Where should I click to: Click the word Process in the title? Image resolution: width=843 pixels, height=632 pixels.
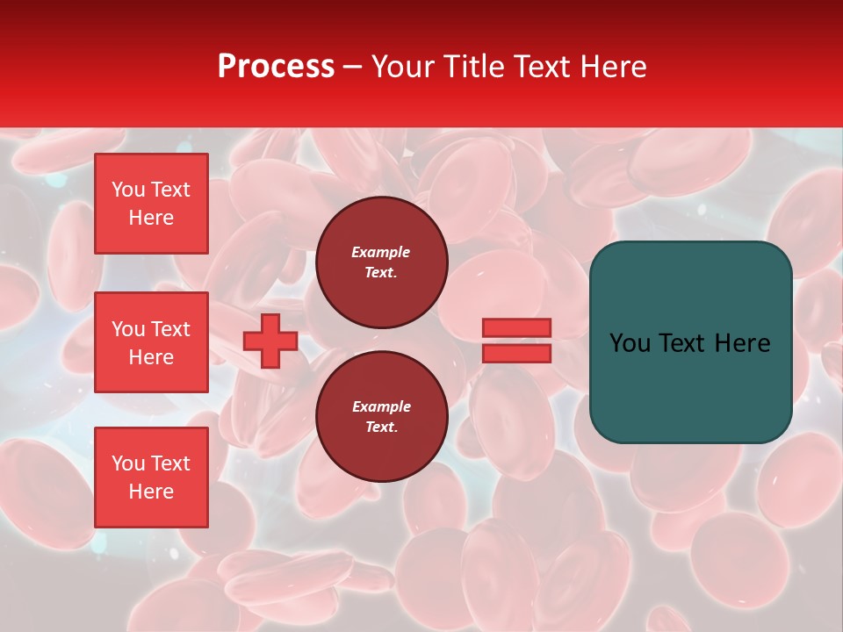276,67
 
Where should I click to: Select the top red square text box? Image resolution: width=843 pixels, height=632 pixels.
151,204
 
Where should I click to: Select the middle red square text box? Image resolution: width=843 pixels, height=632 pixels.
151,342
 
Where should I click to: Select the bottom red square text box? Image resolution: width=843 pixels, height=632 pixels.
151,477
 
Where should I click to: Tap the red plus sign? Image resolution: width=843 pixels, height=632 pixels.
270,341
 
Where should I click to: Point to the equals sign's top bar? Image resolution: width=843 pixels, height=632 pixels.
517,327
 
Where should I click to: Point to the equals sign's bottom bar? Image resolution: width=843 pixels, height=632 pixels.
517,353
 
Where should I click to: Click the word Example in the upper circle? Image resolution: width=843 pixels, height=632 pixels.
381,252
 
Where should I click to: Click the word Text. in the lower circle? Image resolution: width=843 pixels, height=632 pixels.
381,427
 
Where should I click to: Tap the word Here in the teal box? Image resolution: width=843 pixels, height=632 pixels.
742,343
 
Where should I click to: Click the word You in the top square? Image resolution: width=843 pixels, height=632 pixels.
128,190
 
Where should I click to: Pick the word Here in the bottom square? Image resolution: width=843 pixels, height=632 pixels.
151,492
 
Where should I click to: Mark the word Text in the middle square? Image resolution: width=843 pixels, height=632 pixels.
170,329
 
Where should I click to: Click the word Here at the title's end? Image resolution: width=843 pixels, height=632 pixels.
615,67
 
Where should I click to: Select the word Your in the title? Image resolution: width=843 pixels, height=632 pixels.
403,67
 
